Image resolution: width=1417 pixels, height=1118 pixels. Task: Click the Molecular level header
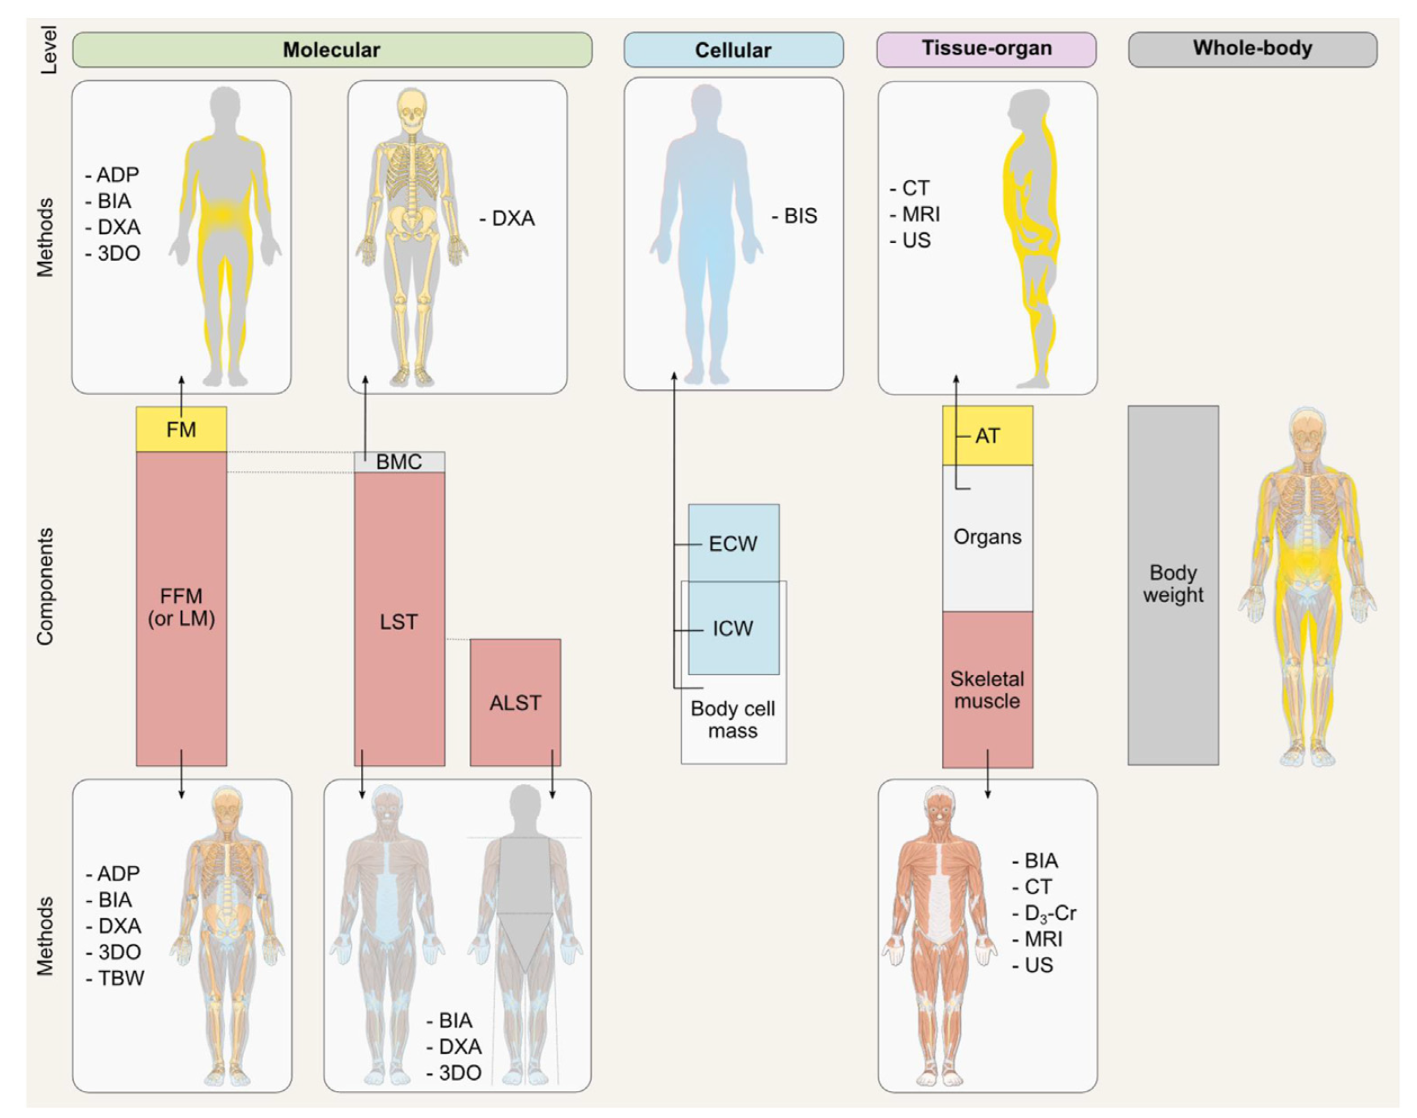332,50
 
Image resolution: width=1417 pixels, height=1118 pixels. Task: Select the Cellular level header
732,50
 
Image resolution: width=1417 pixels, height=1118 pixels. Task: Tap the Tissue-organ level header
986,49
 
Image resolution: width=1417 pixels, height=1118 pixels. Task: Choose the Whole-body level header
1252,49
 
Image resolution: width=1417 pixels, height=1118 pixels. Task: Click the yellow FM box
181,429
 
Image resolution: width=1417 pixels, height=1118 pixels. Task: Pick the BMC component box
399,461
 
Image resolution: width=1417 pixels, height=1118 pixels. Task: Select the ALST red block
515,702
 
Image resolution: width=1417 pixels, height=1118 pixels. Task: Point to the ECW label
732,544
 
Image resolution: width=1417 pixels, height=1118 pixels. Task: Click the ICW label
732,628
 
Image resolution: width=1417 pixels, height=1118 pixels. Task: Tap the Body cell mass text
732,720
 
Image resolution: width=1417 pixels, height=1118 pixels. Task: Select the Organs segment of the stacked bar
987,537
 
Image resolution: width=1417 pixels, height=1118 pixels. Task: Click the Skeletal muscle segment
987,690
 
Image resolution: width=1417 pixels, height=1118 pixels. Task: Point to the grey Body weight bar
1172,584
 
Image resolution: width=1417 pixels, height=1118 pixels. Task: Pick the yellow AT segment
988,435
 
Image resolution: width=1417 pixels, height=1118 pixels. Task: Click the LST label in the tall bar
398,622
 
